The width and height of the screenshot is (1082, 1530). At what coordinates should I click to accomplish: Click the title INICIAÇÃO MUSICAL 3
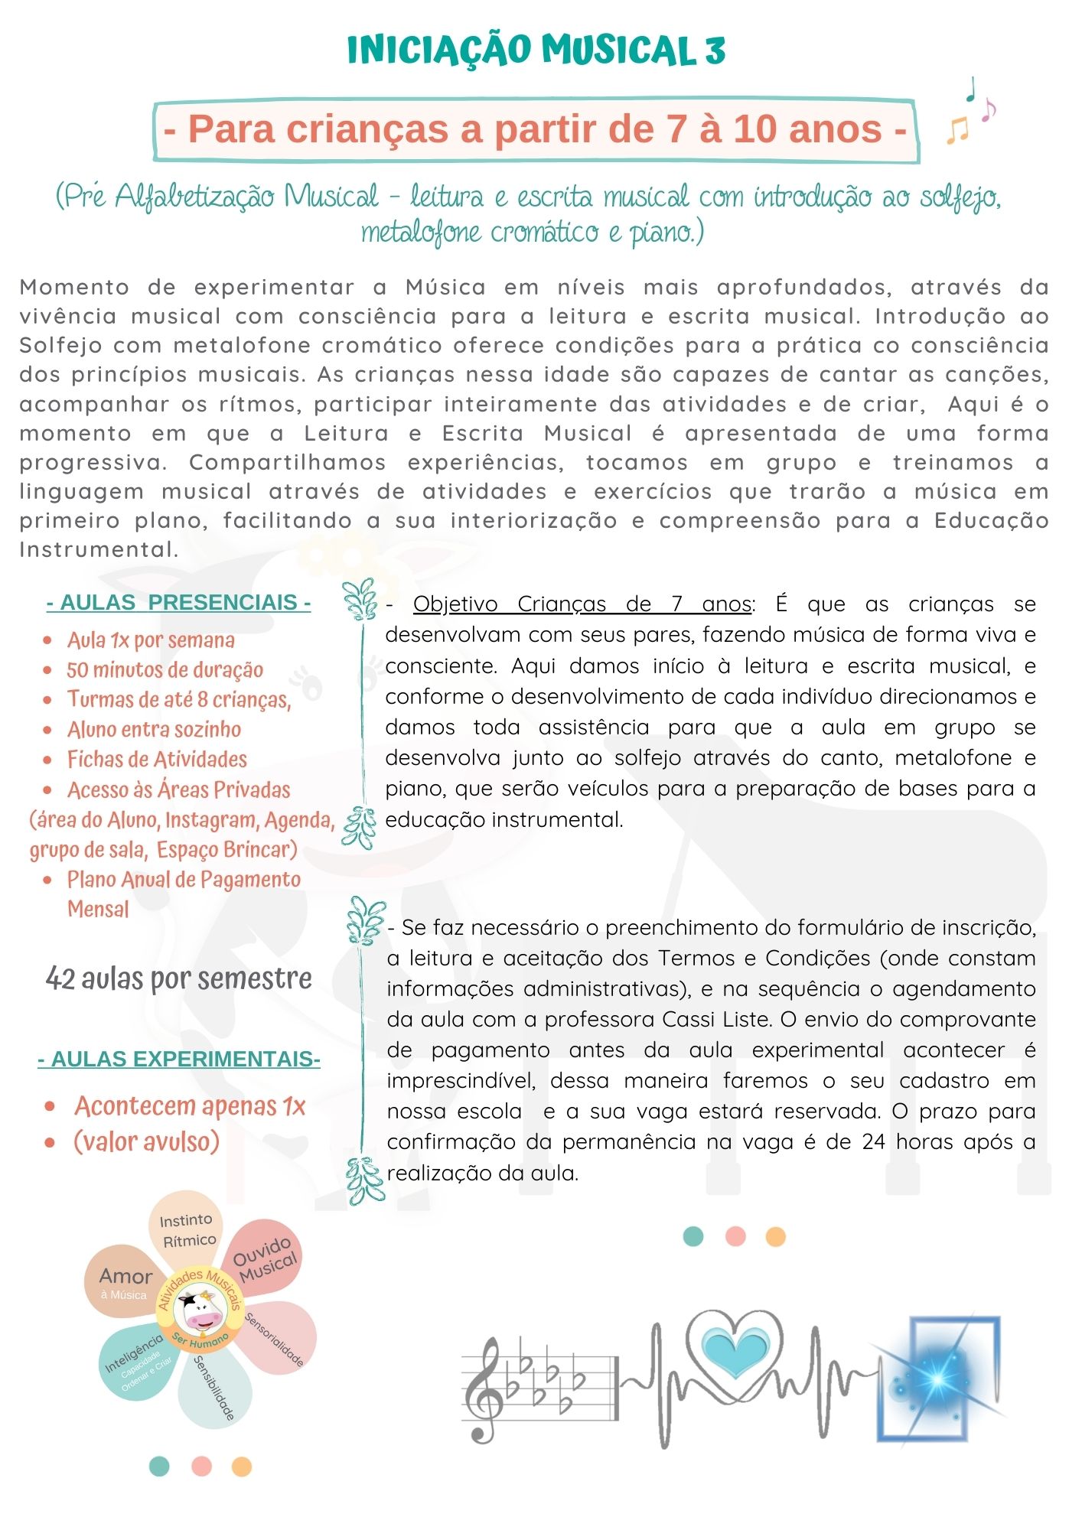tap(536, 50)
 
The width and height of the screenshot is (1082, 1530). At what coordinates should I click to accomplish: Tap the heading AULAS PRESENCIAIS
tap(179, 603)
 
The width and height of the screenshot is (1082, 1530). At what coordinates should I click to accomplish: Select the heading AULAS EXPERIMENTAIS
tap(179, 1060)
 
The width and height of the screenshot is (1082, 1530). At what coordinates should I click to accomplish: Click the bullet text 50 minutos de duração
tap(165, 670)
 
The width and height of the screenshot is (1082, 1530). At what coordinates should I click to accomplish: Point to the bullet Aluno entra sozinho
tap(154, 730)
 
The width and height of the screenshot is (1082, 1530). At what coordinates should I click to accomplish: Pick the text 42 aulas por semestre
tap(179, 978)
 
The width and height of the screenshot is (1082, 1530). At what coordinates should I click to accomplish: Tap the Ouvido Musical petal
tap(265, 1259)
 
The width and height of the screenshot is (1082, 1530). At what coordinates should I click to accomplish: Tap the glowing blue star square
tap(938, 1378)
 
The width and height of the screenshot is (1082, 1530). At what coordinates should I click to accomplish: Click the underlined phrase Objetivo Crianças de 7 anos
tap(582, 604)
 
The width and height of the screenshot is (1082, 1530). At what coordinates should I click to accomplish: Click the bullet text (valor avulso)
tap(146, 1142)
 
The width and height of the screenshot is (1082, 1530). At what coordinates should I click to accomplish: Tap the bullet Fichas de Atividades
tap(157, 760)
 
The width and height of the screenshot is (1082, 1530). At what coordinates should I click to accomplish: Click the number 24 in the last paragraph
tap(873, 1142)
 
